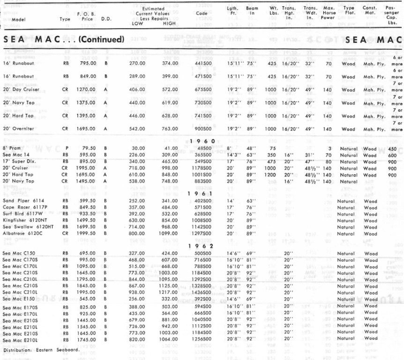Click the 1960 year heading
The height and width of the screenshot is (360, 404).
[x=202, y=141]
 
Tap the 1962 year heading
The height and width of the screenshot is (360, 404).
[x=202, y=246]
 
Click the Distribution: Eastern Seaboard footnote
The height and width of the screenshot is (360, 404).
[x=41, y=350]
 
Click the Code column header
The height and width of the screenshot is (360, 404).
[x=202, y=13]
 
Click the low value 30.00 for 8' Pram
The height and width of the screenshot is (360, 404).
[x=137, y=148]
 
